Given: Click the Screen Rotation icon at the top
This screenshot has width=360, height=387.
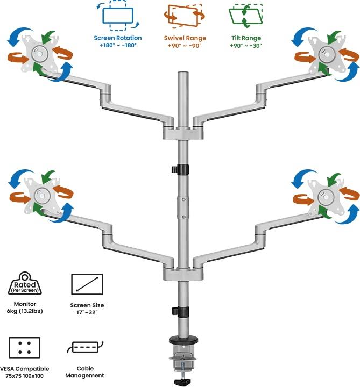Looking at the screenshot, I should pyautogui.click(x=117, y=18).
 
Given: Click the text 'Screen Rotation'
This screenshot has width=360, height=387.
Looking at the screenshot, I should pyautogui.click(x=118, y=38).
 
